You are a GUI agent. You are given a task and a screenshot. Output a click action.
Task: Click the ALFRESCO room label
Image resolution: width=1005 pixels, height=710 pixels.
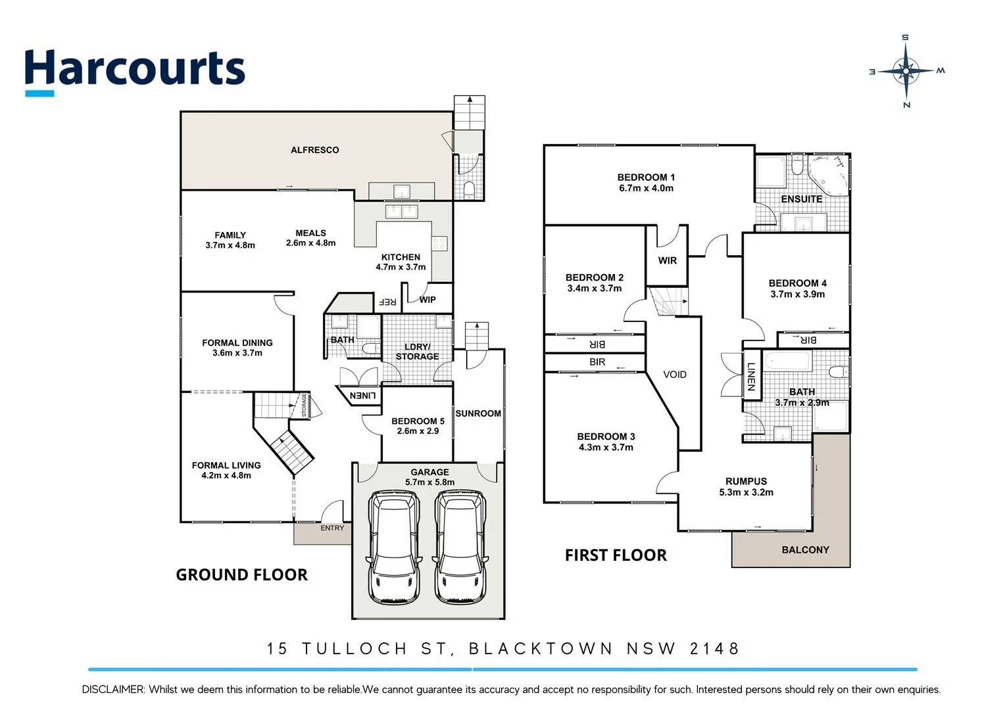coord(314,150)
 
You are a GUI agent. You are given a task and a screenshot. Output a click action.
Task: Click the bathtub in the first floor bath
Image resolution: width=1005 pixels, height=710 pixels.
coord(787,362)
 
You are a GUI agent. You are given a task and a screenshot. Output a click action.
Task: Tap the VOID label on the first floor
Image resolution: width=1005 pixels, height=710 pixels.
coord(674,375)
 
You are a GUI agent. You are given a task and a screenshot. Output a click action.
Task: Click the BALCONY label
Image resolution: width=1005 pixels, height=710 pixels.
coord(805,550)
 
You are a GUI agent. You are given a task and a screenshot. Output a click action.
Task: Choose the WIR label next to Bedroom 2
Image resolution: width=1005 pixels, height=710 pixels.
coord(667,260)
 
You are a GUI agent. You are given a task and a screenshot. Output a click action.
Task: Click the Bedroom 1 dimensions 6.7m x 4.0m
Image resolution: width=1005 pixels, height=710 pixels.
coord(646,188)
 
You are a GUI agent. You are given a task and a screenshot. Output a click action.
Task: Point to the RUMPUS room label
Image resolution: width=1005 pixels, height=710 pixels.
coord(746,481)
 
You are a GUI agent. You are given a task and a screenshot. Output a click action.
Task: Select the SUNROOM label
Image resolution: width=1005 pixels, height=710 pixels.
coord(478,414)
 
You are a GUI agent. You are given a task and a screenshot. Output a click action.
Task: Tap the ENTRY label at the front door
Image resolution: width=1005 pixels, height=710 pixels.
coord(332,528)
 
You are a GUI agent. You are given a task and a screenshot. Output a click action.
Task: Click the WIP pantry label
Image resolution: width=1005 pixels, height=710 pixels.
coord(428,300)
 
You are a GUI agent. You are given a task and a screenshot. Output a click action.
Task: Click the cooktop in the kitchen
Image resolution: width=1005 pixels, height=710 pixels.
coord(439,244)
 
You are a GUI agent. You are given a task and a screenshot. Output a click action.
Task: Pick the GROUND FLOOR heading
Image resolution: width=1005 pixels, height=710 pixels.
coord(241,575)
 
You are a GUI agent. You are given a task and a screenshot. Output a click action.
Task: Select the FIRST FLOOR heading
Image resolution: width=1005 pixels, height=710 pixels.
coord(616,556)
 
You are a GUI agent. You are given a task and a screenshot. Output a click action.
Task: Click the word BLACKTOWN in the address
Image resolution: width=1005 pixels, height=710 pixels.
coord(540,649)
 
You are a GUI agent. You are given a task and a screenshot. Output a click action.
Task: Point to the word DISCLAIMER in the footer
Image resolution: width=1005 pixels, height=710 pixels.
coord(112,690)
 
